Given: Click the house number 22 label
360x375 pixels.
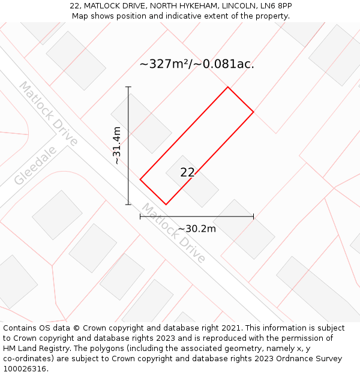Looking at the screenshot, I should point(187,173).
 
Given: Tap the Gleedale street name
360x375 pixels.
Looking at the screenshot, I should point(36,166).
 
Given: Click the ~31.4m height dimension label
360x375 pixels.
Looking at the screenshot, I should point(117,145).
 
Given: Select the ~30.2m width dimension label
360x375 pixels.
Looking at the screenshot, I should point(197,229).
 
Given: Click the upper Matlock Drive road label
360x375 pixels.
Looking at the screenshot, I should point(48,113).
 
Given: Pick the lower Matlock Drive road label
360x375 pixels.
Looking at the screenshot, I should point(173,233).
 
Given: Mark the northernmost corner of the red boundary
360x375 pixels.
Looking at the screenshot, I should point(227,87).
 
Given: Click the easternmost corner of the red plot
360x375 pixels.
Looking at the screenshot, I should point(253,112).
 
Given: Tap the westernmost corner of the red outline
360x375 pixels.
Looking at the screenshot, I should point(140,179).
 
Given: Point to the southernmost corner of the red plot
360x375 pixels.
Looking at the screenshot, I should point(166,205).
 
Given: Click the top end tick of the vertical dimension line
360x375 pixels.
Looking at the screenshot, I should point(128,87).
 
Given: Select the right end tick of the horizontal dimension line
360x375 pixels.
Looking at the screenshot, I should point(253,216).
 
